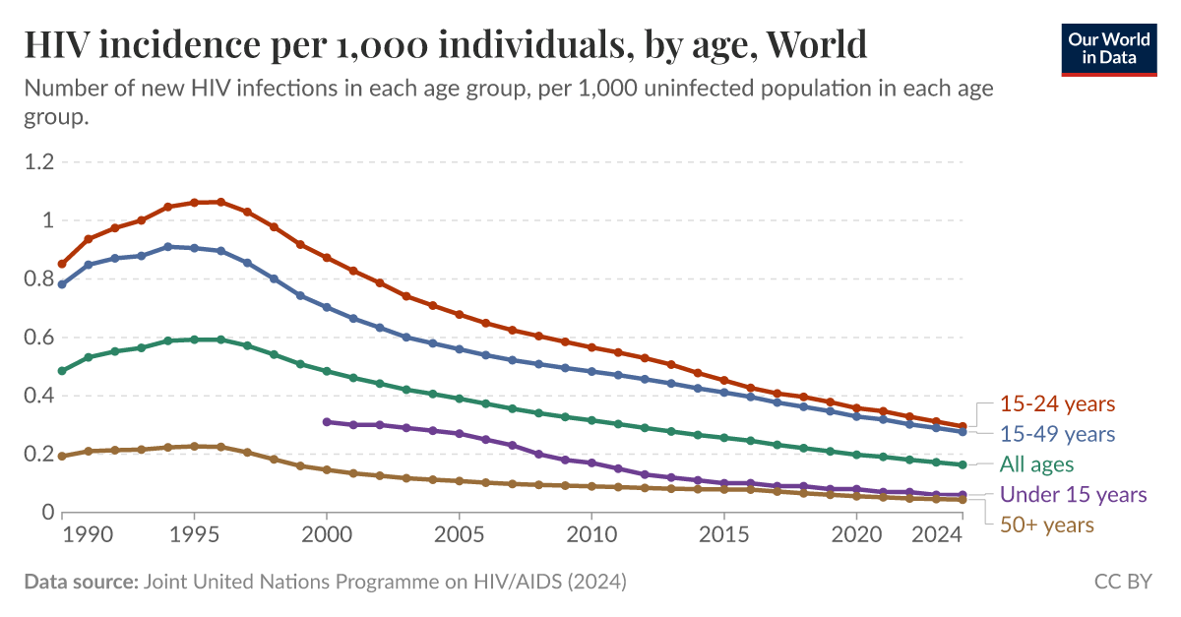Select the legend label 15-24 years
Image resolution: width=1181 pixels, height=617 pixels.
click(1057, 403)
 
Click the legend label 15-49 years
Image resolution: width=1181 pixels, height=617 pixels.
click(1057, 434)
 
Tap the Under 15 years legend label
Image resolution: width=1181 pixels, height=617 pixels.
click(1073, 494)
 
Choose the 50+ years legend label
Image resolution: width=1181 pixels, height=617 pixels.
click(1046, 524)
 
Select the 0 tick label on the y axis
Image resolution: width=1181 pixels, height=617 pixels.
click(46, 513)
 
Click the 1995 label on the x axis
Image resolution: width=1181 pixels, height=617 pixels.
click(194, 536)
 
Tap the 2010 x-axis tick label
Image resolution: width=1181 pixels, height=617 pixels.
click(591, 536)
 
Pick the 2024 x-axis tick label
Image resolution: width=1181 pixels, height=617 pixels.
click(936, 536)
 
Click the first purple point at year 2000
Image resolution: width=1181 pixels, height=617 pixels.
click(327, 422)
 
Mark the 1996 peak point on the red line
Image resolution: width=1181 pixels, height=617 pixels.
click(220, 202)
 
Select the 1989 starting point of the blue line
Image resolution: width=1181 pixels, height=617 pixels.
click(62, 284)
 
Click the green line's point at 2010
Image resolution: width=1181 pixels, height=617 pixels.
click(591, 420)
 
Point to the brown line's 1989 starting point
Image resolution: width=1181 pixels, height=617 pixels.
click(62, 456)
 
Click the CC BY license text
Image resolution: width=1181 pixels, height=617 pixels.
click(1122, 582)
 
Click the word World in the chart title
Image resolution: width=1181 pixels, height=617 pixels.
click(816, 45)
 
